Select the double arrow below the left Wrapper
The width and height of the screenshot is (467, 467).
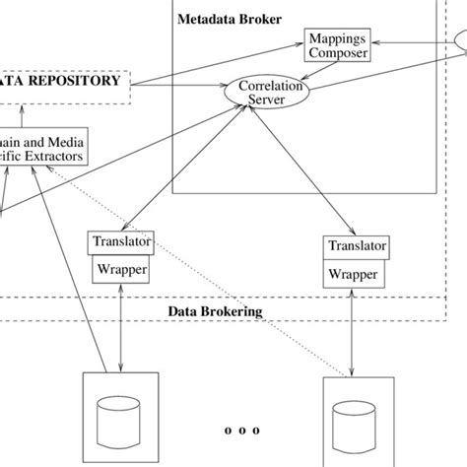click(x=119, y=325)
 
